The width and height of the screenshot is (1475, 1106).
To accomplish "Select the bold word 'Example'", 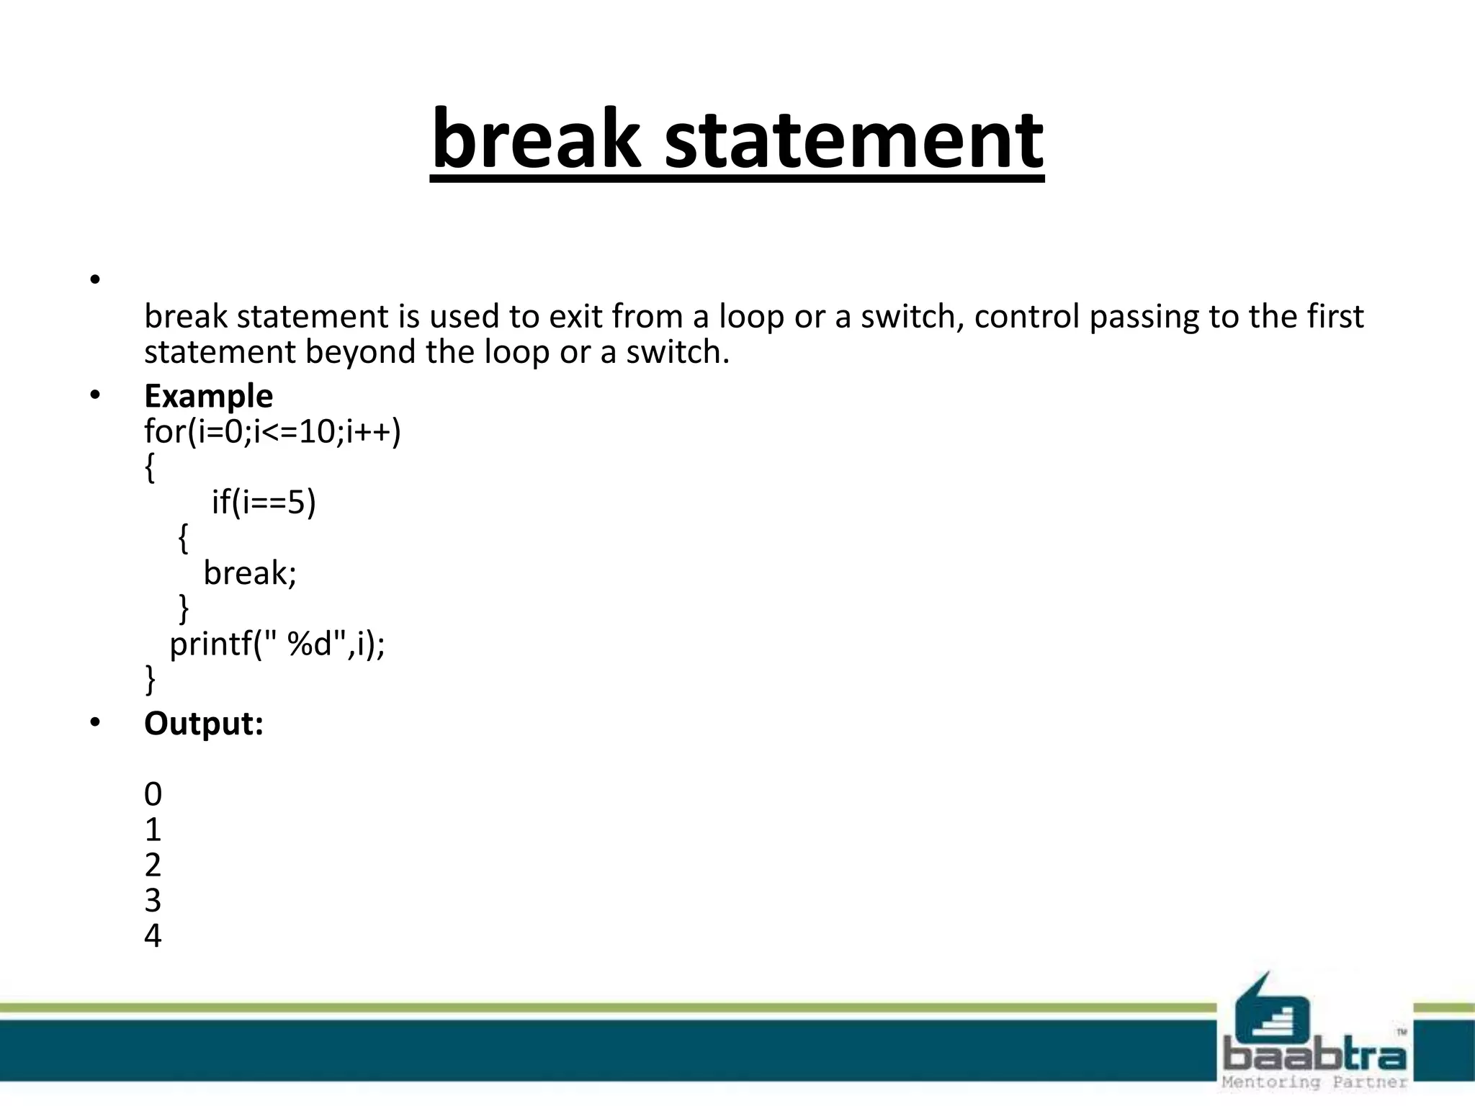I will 208,396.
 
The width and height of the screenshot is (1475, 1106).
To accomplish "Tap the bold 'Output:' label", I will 204,724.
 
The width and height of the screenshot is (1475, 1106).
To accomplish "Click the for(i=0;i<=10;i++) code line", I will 272,432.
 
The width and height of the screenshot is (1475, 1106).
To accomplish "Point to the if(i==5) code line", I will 264,502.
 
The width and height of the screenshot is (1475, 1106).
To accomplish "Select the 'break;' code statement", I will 250,573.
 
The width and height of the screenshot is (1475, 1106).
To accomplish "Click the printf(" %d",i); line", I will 277,644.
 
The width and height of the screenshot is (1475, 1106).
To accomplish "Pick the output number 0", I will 153,795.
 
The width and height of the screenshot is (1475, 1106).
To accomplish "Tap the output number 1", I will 153,830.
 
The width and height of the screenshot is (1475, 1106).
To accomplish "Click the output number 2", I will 153,866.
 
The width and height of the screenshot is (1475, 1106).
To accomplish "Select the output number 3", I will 153,901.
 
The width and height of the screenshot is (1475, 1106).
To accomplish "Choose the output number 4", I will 153,936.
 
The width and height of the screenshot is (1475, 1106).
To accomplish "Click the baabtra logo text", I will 1314,1056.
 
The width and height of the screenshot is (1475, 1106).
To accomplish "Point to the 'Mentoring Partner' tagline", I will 1314,1082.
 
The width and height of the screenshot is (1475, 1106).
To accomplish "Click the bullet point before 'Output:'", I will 95,723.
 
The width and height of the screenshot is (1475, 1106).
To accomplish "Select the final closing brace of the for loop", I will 150,679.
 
